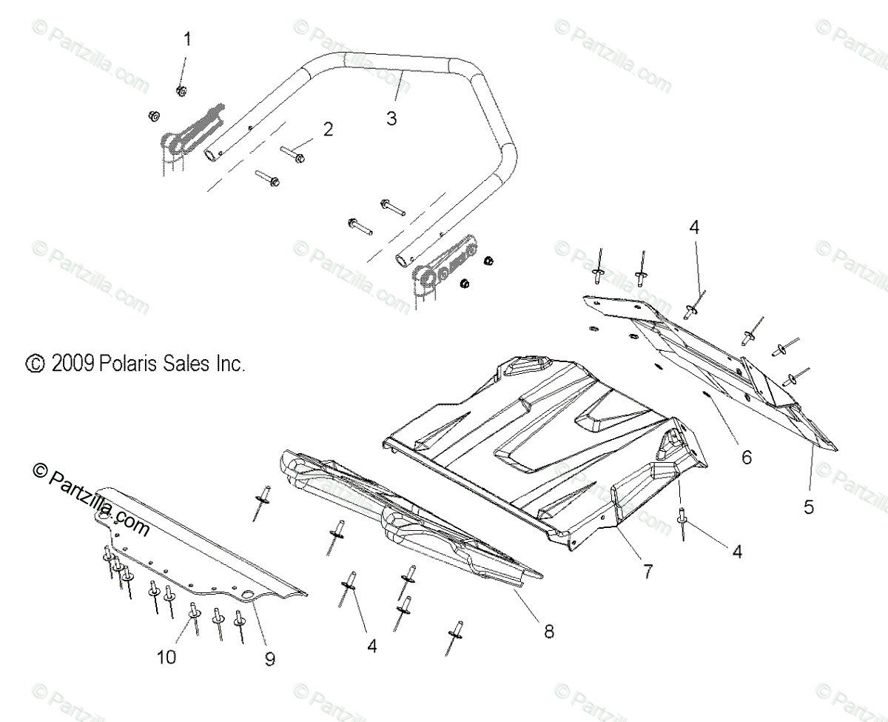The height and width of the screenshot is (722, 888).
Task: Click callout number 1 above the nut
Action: coord(186,39)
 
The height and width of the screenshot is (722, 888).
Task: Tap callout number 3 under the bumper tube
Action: coord(391,118)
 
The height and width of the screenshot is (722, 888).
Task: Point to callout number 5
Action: coord(809,507)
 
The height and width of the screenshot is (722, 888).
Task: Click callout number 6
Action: coord(746,458)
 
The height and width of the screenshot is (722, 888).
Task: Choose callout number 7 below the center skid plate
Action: coord(647,572)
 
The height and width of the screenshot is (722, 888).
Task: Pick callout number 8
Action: coord(548,631)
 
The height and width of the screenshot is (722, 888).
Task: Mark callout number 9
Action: coord(269,657)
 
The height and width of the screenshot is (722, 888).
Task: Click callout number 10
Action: coord(167,657)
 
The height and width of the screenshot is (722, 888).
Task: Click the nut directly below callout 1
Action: coord(181,90)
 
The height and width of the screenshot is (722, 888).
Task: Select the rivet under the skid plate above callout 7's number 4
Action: coord(682,524)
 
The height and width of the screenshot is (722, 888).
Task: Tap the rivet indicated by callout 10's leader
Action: coord(195,611)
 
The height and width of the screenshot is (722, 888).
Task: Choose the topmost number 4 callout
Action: coord(693,228)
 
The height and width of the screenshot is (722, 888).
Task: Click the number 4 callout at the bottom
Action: coord(371,646)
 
